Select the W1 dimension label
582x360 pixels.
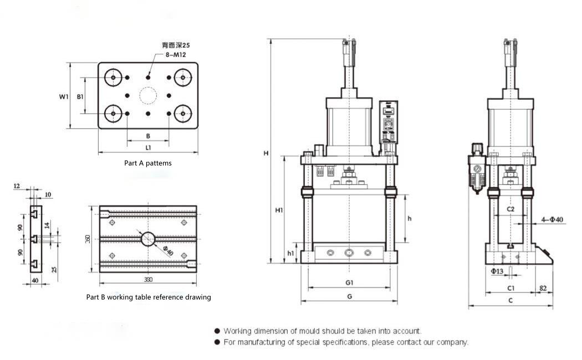64,96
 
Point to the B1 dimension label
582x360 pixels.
80,96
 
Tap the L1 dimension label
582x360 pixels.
149,148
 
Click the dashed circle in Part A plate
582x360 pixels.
149,96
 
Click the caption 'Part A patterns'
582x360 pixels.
147,163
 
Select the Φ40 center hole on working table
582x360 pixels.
148,239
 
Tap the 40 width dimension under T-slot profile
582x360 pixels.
35,281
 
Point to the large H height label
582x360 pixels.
266,153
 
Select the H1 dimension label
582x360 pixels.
279,210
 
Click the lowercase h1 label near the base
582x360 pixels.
291,253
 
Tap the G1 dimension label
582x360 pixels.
349,282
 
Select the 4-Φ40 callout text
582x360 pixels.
552,220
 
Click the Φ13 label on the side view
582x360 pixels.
497,271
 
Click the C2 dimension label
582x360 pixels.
511,209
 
